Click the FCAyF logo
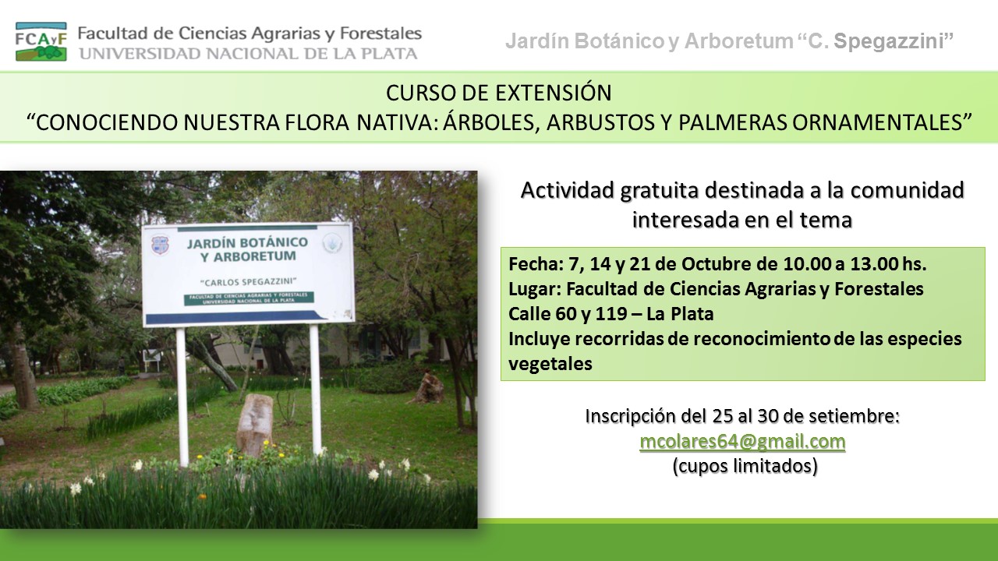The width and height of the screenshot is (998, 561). click(x=41, y=41)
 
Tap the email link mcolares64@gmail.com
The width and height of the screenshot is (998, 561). click(x=742, y=442)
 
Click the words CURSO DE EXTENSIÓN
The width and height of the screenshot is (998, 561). click(x=498, y=93)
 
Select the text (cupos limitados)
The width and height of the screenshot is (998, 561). click(x=745, y=466)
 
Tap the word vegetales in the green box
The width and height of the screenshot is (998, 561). click(x=550, y=364)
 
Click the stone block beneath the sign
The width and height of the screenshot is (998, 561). click(x=254, y=425)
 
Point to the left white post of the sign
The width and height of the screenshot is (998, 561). click(x=182, y=397)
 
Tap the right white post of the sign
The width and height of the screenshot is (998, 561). click(x=316, y=390)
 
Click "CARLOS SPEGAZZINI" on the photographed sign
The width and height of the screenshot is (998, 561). click(x=249, y=282)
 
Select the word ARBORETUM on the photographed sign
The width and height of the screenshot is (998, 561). click(x=254, y=257)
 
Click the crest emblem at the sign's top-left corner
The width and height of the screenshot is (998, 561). click(x=160, y=245)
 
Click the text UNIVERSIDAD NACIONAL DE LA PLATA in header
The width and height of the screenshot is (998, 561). click(x=248, y=54)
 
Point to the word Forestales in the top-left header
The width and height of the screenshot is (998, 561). click(x=380, y=34)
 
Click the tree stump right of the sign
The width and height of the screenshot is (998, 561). click(x=430, y=388)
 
